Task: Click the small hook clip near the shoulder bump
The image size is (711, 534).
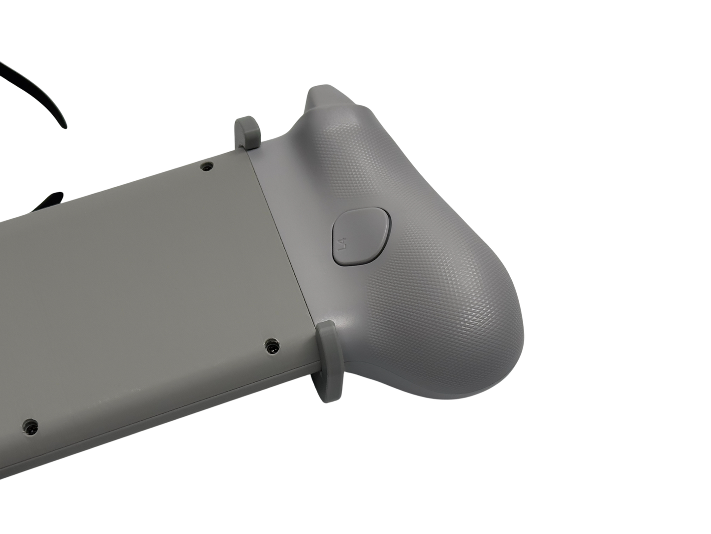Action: [x=247, y=132]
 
